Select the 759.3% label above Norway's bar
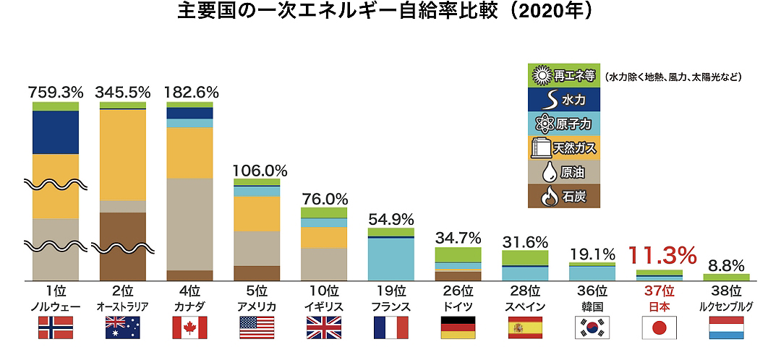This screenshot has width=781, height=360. click(x=56, y=93)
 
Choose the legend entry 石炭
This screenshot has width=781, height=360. click(x=565, y=195)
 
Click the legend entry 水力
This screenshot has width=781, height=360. click(x=565, y=99)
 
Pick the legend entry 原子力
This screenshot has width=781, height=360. click(x=565, y=124)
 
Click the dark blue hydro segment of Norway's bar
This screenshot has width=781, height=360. click(x=56, y=132)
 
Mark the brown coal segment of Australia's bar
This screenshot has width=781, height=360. click(x=122, y=246)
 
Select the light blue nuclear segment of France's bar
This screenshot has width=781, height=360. click(x=390, y=259)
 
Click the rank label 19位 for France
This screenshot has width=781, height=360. click(x=390, y=291)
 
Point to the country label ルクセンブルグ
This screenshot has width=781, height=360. click(x=726, y=306)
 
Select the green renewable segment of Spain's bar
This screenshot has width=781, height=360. click(x=524, y=257)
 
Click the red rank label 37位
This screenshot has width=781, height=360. click(x=660, y=291)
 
